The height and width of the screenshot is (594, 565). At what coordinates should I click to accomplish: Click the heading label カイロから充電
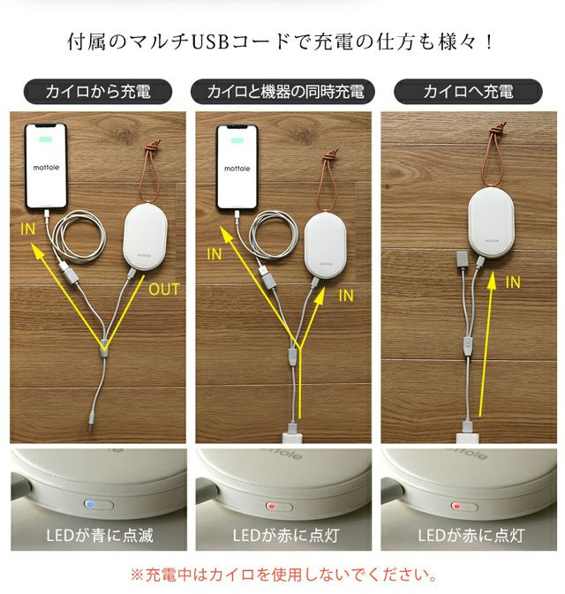(x=98, y=92)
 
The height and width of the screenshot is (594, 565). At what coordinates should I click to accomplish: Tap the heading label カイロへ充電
(x=467, y=92)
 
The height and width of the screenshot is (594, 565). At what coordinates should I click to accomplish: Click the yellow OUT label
(x=164, y=289)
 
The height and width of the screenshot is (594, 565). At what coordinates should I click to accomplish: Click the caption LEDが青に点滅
(x=98, y=536)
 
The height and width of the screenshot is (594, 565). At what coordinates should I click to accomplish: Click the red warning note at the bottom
(x=282, y=575)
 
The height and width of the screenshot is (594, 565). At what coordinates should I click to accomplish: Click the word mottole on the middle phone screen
(x=237, y=167)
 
